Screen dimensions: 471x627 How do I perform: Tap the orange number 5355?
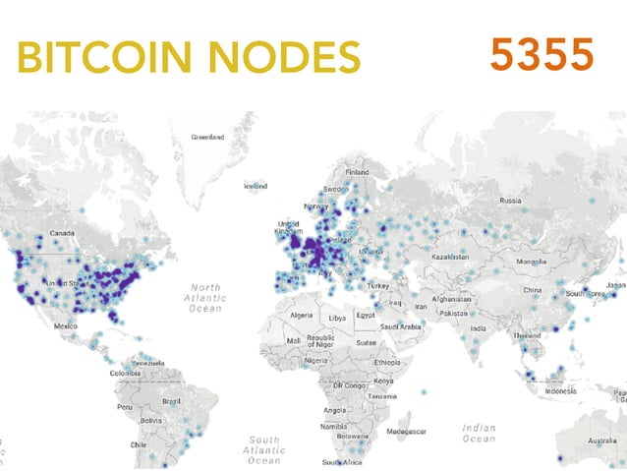click(541, 55)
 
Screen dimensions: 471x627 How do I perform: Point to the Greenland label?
click(207, 137)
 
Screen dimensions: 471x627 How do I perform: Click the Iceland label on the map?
click(256, 185)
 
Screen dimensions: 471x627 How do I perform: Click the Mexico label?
click(66, 325)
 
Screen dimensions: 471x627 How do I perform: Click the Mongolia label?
click(531, 261)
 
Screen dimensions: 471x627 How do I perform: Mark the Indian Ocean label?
click(480, 434)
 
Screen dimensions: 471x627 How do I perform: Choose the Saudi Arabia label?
click(402, 326)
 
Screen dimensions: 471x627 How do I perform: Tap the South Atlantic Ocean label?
click(263, 449)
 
